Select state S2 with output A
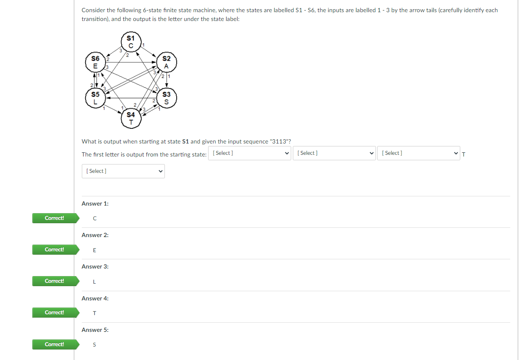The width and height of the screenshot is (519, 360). pyautogui.click(x=167, y=62)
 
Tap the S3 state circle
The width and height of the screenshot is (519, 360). pyautogui.click(x=167, y=98)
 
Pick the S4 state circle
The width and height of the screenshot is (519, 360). pyautogui.click(x=131, y=118)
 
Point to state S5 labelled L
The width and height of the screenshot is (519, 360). pyautogui.click(x=96, y=98)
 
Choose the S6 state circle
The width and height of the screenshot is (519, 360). pyautogui.click(x=96, y=62)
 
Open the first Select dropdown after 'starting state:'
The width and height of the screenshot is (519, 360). pyautogui.click(x=250, y=153)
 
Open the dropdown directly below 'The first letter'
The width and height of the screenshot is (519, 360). pyautogui.click(x=123, y=171)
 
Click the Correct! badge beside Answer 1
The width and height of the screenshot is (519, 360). pyautogui.click(x=55, y=218)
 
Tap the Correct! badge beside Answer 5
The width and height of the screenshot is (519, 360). pyautogui.click(x=55, y=344)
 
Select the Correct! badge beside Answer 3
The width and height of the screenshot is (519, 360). pyautogui.click(x=55, y=281)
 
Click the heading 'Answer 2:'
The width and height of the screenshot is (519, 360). pyautogui.click(x=95, y=235)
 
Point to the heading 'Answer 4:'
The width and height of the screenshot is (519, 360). pyautogui.click(x=95, y=298)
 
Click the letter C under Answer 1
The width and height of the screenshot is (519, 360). pyautogui.click(x=95, y=219)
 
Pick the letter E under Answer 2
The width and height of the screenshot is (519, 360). pyautogui.click(x=94, y=250)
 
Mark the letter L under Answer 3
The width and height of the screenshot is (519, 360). pyautogui.click(x=94, y=282)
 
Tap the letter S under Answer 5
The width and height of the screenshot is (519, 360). pyautogui.click(x=94, y=345)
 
